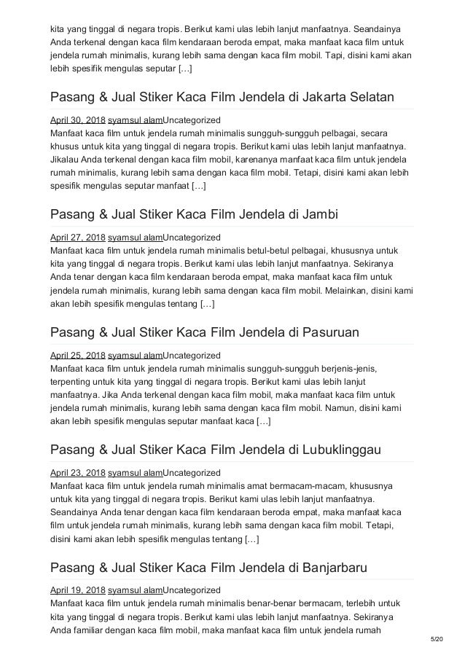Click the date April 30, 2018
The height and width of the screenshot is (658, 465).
click(x=77, y=119)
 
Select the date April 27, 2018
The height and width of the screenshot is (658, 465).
click(x=77, y=237)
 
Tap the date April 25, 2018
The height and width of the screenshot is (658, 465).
click(x=77, y=355)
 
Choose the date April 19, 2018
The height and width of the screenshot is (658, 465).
click(x=77, y=590)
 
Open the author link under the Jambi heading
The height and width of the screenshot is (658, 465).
click(x=135, y=237)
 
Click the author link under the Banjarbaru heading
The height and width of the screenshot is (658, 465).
click(x=135, y=590)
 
